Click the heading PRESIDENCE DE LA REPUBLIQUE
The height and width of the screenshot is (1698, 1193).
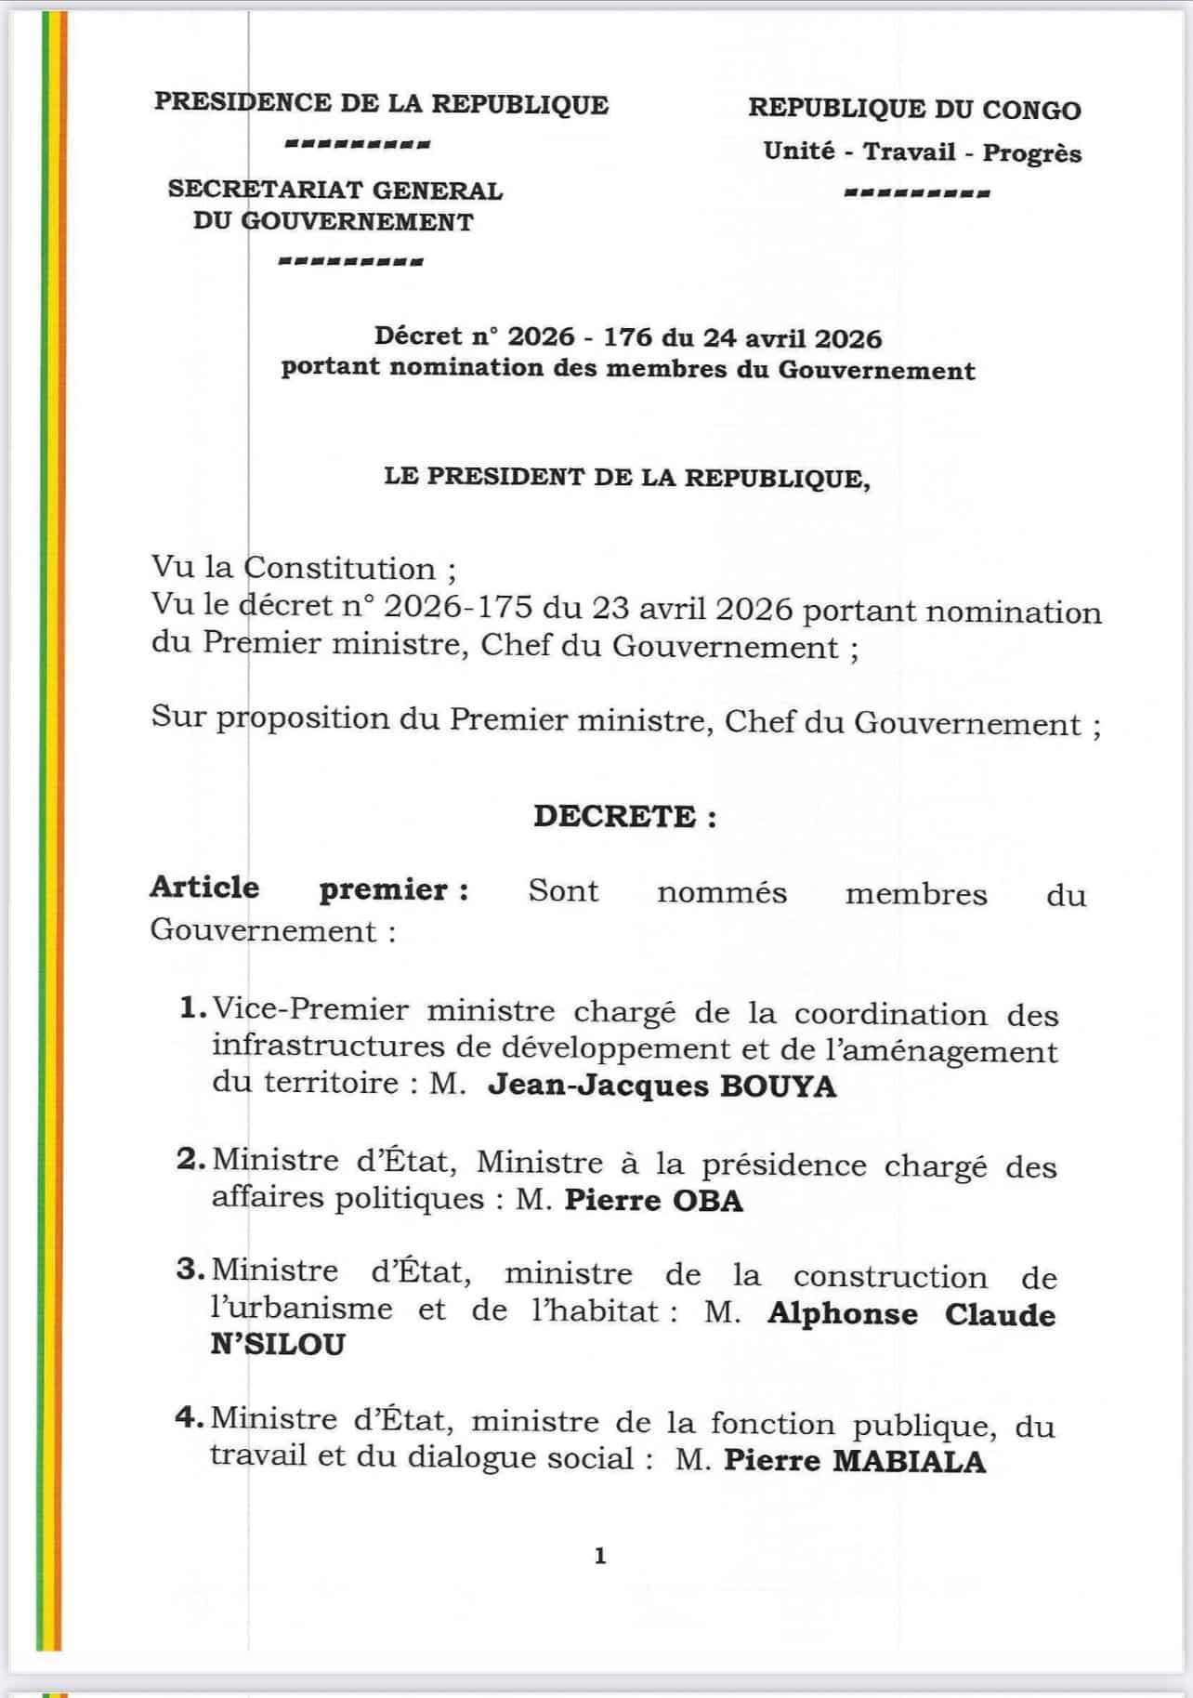[381, 103]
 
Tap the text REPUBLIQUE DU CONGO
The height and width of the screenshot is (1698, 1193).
[914, 109]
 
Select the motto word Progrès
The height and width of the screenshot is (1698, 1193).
[1031, 152]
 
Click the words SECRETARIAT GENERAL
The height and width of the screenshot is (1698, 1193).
[334, 190]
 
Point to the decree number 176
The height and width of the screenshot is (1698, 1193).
[628, 336]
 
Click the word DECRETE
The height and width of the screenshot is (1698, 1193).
[614, 816]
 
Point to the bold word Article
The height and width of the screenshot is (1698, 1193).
[204, 887]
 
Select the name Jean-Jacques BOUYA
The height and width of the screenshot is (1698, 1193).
[662, 1086]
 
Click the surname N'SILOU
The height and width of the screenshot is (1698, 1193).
[278, 1344]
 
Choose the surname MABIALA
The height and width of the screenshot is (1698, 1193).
[908, 1461]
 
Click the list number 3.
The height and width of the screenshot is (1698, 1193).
[189, 1270]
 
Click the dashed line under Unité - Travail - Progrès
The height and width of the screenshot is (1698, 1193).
[917, 194]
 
